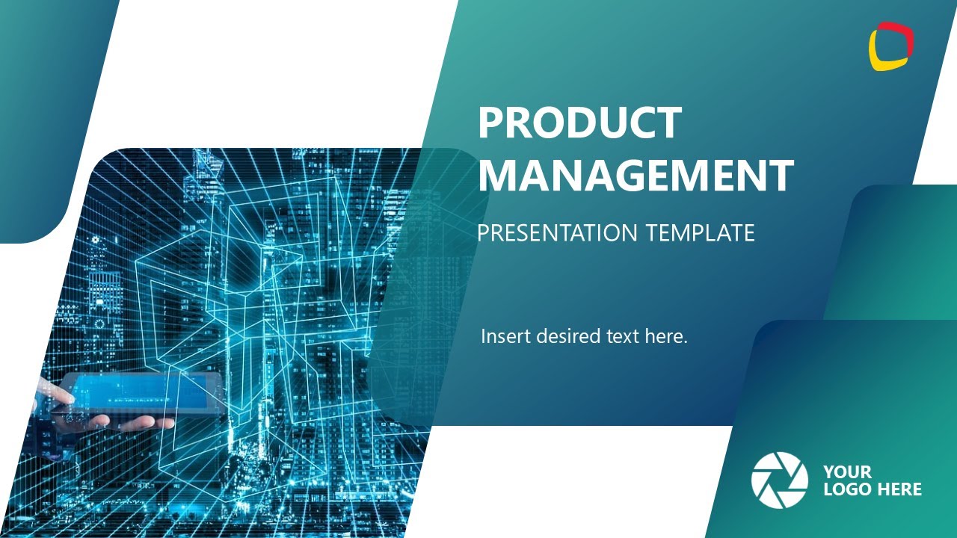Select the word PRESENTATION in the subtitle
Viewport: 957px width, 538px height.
558,232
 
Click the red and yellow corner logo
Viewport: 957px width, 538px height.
891,46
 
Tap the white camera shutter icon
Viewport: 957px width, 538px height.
779,480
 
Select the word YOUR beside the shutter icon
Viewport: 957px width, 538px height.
847,472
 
